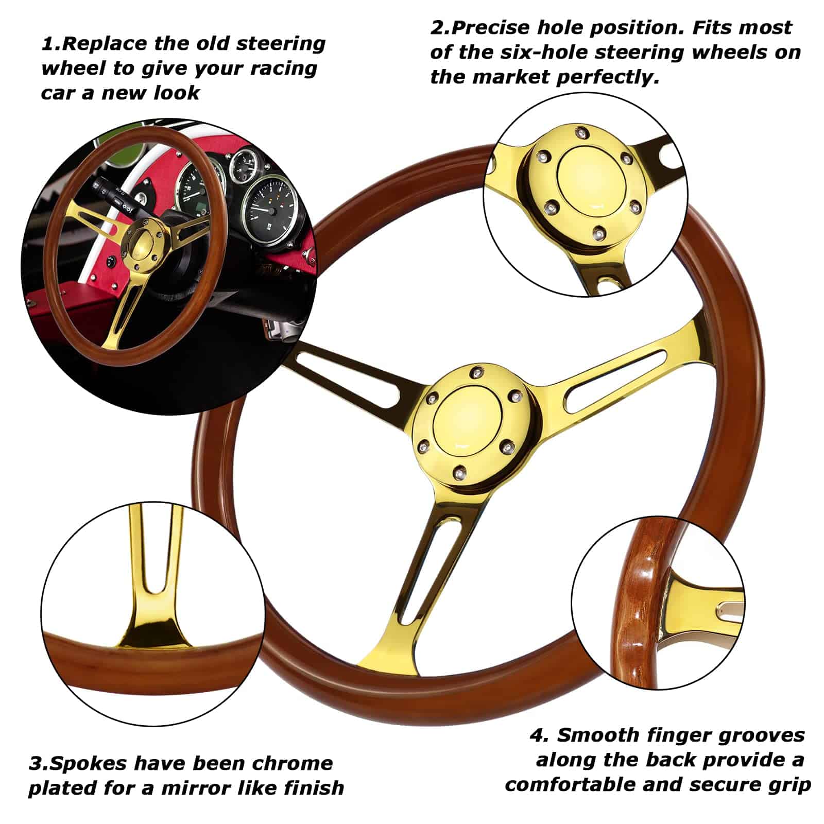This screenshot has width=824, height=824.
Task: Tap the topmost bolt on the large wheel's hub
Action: point(478,371)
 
